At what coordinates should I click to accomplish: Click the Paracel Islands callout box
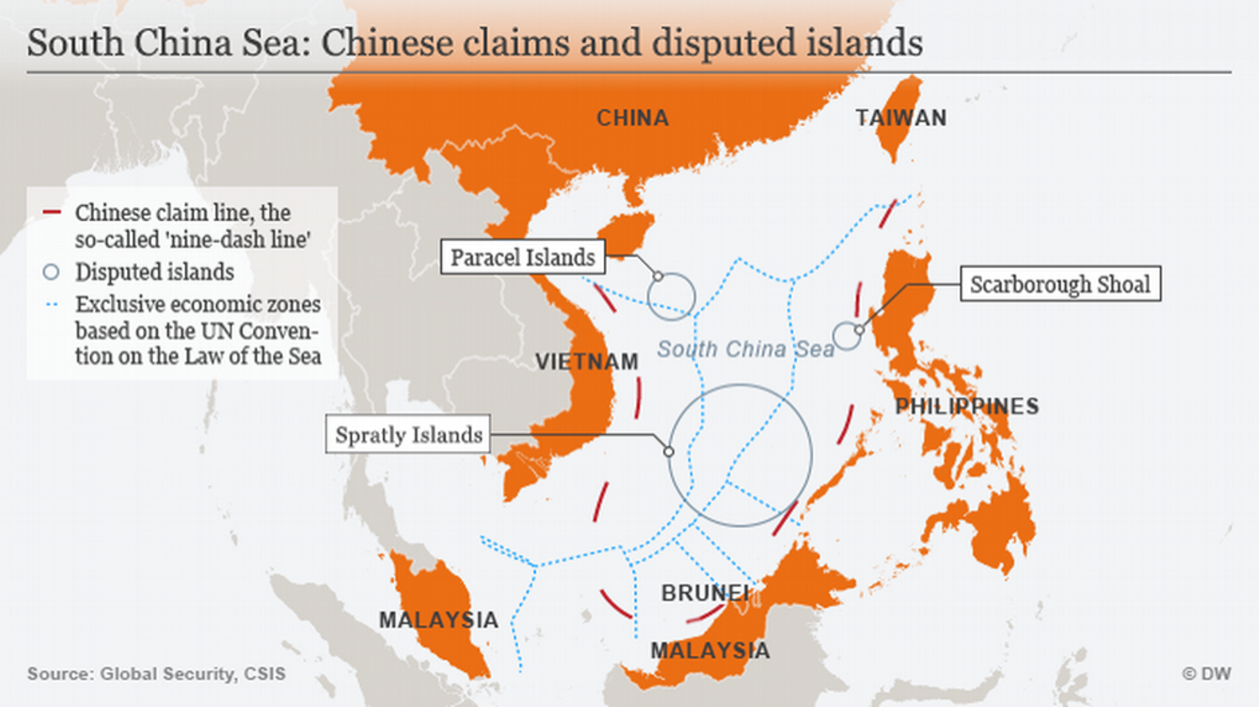[x=522, y=257]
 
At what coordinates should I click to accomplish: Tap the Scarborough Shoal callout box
[x=1060, y=284]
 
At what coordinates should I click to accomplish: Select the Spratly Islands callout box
[x=408, y=434]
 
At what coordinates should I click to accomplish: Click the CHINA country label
[x=632, y=118]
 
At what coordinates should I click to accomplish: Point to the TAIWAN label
[x=901, y=118]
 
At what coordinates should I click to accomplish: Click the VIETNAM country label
[x=586, y=362]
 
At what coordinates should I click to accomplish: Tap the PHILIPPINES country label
[x=967, y=406]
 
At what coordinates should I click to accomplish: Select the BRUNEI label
[x=704, y=593]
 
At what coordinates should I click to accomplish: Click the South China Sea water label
[x=745, y=349]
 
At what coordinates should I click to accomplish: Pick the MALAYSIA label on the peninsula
[x=438, y=620]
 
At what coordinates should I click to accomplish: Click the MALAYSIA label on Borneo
[x=710, y=651]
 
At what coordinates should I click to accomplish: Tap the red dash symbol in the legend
[x=51, y=212]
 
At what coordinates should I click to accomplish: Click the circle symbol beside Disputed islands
[x=51, y=272]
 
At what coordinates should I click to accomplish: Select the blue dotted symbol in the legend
[x=51, y=305]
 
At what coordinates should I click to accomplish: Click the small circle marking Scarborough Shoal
[x=846, y=336]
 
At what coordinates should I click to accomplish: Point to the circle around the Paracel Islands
[x=671, y=297]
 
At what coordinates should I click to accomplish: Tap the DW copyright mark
[x=1206, y=674]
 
